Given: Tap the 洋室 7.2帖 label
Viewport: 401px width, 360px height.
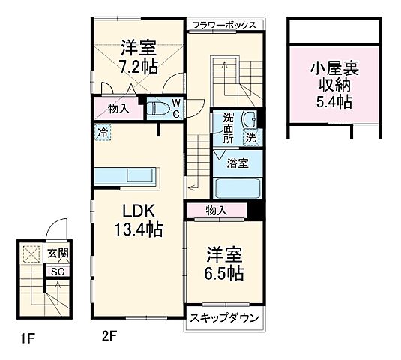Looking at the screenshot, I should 138,58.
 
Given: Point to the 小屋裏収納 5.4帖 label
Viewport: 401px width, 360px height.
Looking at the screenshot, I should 334,83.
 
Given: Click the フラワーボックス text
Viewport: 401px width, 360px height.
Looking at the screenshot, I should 224,25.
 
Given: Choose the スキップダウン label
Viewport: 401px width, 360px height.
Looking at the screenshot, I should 224,319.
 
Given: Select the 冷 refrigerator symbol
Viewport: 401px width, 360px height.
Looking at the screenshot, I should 101,131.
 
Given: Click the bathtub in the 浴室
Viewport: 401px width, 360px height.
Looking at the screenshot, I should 236,187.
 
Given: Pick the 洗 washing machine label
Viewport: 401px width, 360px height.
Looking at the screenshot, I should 252,137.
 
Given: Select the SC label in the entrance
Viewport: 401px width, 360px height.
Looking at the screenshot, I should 56,271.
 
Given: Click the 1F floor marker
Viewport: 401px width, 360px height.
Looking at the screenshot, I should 28,338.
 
